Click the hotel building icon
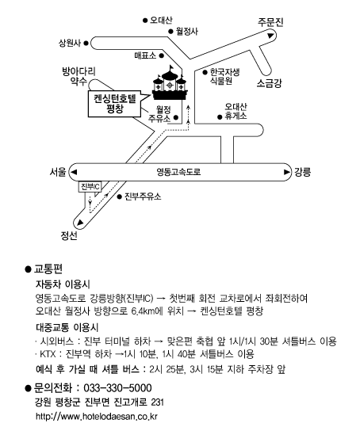pos(170,83)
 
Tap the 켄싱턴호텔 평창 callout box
pos(115,104)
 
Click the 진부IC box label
pos(90,187)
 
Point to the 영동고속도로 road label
pos(178,172)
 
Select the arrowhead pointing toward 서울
pos(74,172)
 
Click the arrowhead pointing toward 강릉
pos(287,172)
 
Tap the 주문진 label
pos(270,22)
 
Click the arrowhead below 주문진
pos(270,36)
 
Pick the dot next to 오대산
pos(145,21)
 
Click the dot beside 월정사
pos(170,32)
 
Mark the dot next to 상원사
pos(86,43)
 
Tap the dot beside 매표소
pos(161,55)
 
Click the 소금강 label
pos(270,83)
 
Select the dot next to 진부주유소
pos(120,196)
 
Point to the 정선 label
pos(69,235)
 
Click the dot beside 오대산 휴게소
pos(220,117)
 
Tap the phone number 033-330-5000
pos(117,388)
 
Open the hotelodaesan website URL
pos(97,417)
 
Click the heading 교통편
pos(48,269)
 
